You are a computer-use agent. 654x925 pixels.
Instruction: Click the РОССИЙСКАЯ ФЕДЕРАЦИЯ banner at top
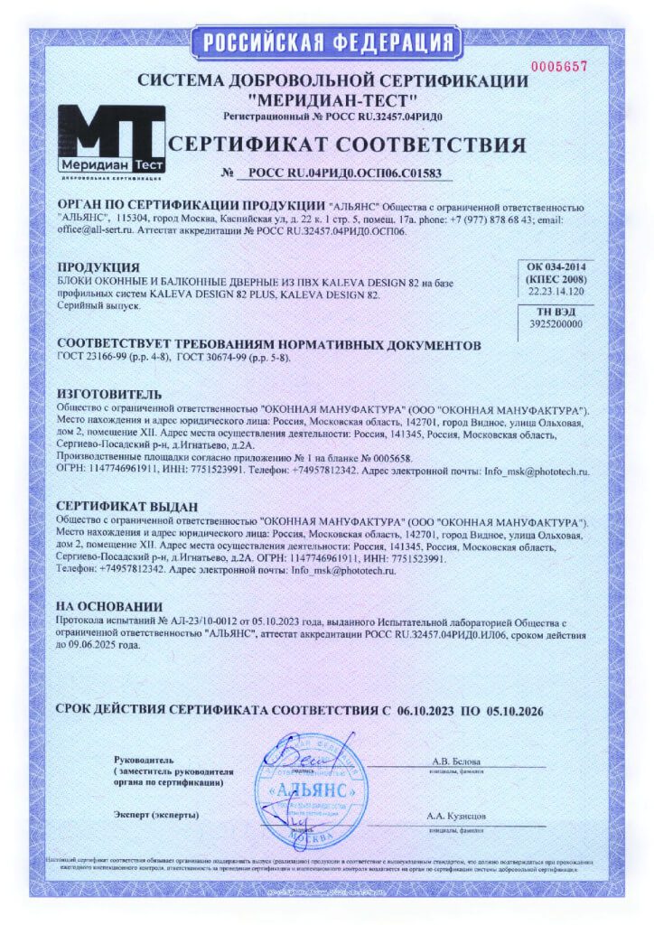tap(326, 42)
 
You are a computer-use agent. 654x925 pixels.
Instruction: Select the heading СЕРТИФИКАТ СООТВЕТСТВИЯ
tap(347, 145)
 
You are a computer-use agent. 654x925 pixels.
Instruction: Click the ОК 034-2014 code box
tap(556, 279)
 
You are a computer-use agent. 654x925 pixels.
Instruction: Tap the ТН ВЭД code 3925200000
tap(556, 323)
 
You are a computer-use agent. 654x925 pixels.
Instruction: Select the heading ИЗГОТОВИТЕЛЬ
tap(109, 395)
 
